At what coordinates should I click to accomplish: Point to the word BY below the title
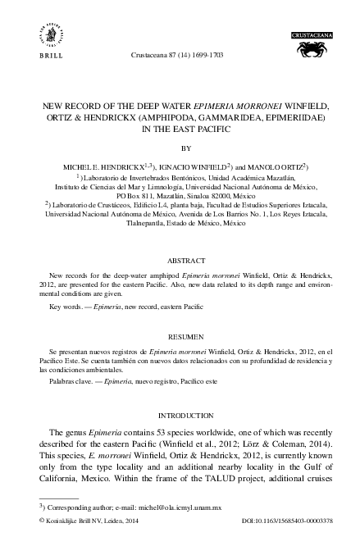coord(180,148)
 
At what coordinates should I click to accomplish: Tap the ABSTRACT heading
coord(180,254)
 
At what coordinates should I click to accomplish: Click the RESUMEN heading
coord(180,336)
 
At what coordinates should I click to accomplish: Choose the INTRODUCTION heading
coord(180,415)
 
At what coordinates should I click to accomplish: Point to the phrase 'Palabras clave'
coord(70,381)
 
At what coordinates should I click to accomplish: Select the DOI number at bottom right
coord(282,521)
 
